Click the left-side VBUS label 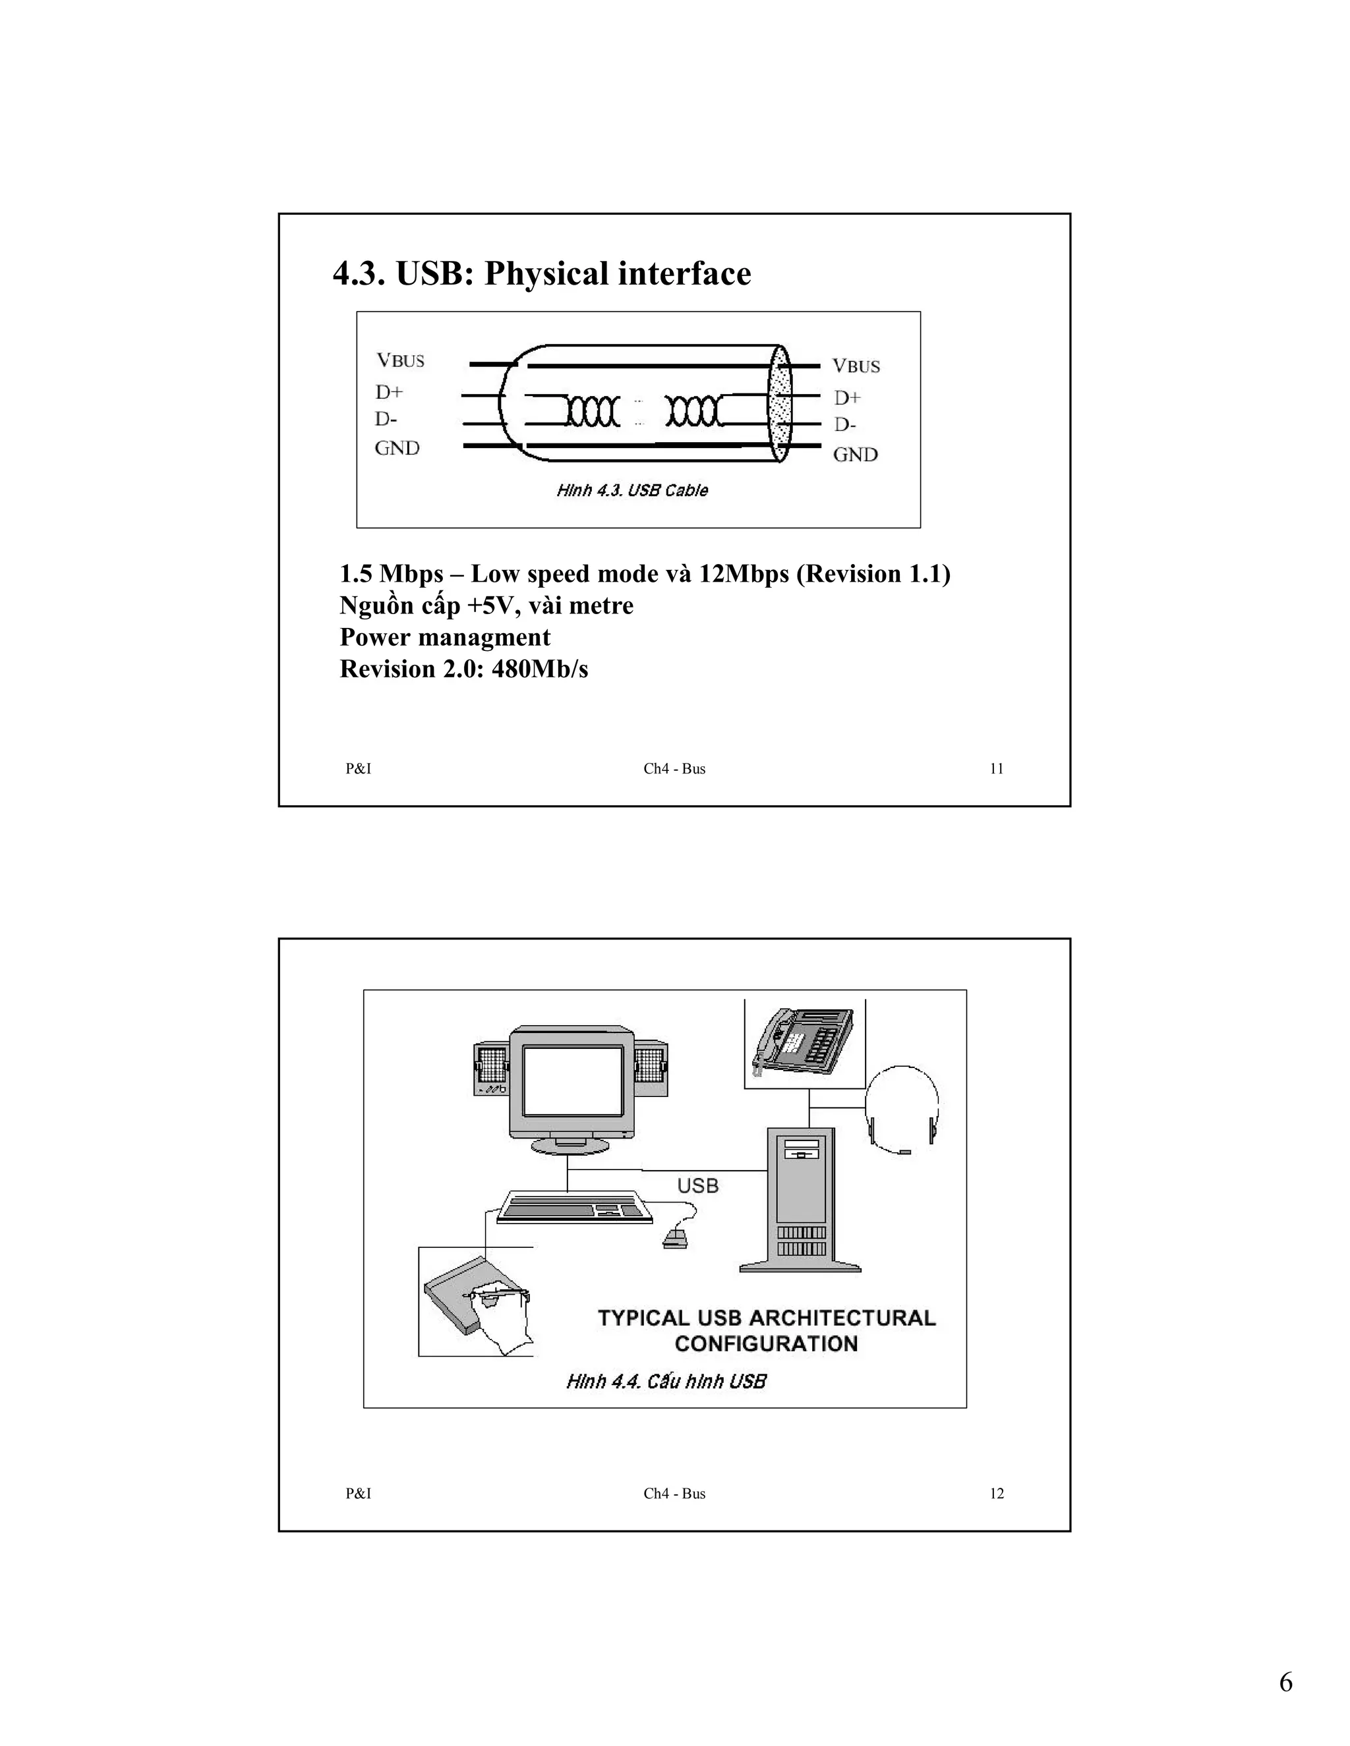[x=401, y=360]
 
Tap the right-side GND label [x=855, y=455]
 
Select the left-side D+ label [x=390, y=392]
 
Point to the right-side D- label [x=845, y=424]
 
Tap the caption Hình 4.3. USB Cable [x=631, y=490]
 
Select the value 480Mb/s [x=540, y=668]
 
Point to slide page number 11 [x=997, y=768]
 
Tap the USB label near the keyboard [x=697, y=1185]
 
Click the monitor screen [x=573, y=1081]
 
